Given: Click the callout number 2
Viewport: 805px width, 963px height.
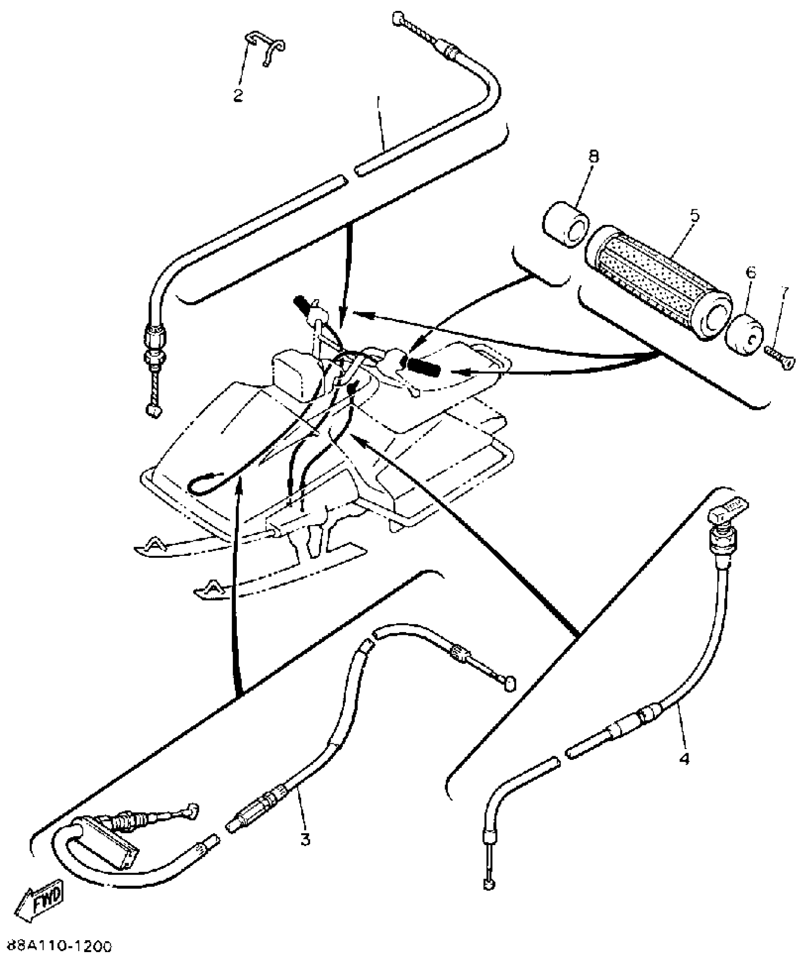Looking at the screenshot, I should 238,95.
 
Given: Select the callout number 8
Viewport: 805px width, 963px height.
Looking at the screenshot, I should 593,156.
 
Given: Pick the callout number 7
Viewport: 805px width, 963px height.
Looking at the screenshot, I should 785,292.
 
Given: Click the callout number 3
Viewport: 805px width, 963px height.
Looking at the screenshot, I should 305,839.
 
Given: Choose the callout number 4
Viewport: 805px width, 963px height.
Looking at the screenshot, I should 684,759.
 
